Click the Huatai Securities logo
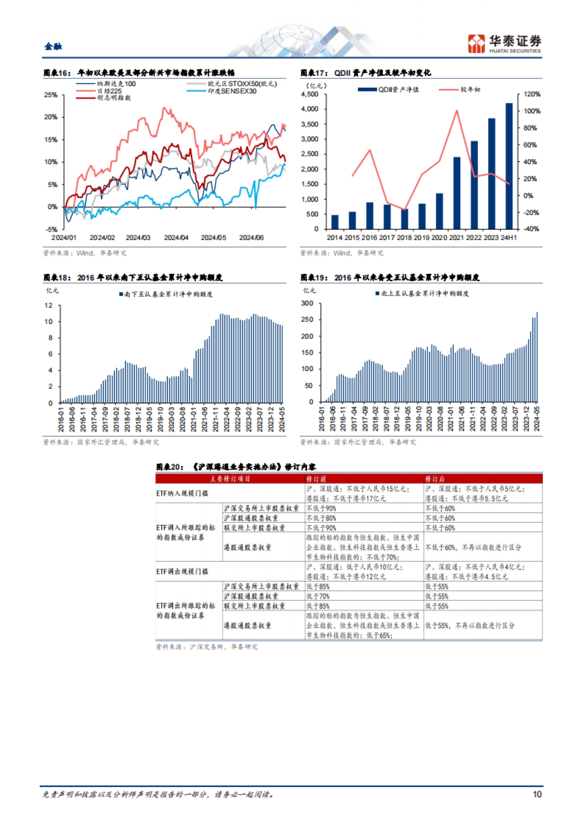coord(504,43)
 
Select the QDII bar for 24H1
coord(509,165)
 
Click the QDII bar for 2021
coord(456,193)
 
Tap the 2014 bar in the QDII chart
coord(335,222)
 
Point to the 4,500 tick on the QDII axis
coord(310,94)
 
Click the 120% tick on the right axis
coord(531,94)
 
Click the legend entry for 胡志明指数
coord(113,98)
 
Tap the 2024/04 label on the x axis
coord(176,238)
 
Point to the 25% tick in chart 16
coord(51,95)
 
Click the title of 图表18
coord(133,278)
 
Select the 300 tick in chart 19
coord(307,304)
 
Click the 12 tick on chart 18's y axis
coord(49,305)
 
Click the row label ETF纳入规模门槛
coord(182,493)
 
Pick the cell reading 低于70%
coord(318,596)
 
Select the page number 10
coord(537,794)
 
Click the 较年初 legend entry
coord(470,90)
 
